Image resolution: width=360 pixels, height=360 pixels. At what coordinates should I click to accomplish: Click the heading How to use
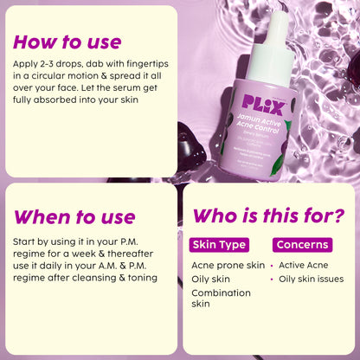point(67,42)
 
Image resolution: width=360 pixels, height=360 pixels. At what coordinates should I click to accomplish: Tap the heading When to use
point(75,215)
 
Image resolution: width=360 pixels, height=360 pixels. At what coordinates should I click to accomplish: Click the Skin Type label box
point(220,245)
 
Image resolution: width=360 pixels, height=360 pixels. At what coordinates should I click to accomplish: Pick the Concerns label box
point(301,245)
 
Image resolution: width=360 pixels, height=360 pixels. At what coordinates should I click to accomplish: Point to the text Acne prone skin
point(228,265)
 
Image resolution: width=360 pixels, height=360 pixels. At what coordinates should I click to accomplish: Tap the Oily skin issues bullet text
point(312,279)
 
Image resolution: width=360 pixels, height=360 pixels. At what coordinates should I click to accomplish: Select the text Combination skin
point(221,299)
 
